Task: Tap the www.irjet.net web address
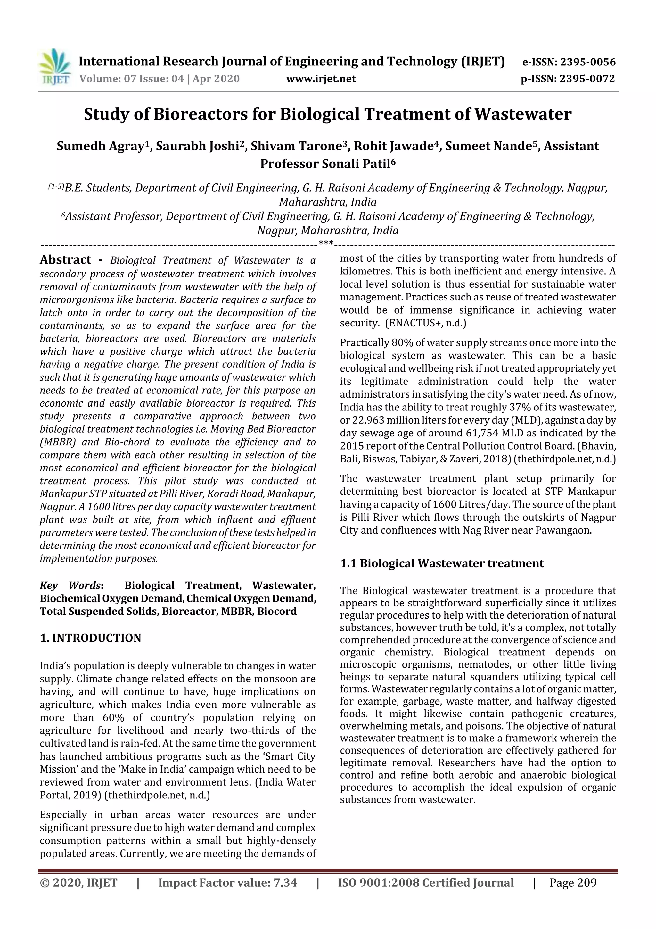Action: [x=321, y=79]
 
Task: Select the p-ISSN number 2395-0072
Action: [x=586, y=79]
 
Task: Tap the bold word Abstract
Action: [x=65, y=260]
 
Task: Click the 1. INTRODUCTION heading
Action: [x=91, y=638]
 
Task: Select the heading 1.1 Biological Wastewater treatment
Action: [x=442, y=564]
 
